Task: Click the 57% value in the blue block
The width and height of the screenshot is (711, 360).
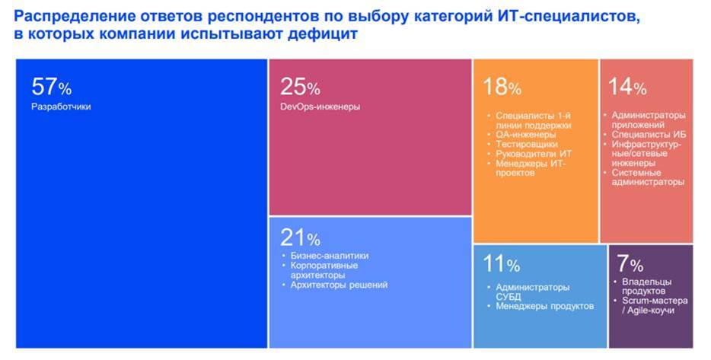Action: (51, 86)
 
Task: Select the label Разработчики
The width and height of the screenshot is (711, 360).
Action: (61, 107)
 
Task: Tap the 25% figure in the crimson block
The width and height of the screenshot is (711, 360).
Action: (300, 86)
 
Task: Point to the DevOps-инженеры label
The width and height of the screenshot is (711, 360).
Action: (320, 107)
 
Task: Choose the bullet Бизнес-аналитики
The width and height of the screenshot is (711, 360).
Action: (330, 256)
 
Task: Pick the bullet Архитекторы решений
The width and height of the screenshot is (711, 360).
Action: (339, 285)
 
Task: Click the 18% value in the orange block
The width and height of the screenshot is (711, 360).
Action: (502, 86)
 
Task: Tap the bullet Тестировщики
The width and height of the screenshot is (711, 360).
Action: (527, 144)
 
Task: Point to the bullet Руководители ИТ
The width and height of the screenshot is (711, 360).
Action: (534, 154)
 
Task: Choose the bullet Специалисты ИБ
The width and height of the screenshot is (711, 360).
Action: (649, 135)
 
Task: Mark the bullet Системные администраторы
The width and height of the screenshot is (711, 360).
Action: (648, 177)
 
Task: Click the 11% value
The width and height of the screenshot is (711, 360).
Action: (501, 265)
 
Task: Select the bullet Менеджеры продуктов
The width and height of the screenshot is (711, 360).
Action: (544, 306)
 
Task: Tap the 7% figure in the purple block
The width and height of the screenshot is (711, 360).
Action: (630, 264)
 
